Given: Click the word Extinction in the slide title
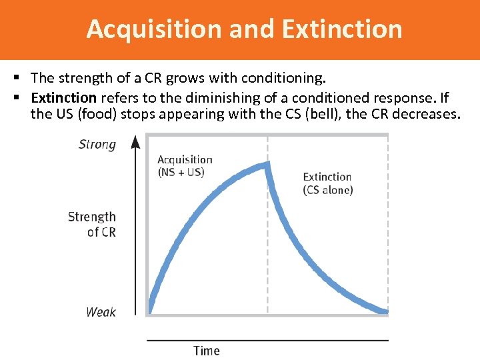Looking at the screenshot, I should click(x=342, y=29).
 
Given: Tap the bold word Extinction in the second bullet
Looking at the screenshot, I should click(x=64, y=98).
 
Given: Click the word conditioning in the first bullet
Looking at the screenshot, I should click(x=288, y=79).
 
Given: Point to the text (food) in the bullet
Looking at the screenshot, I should click(x=99, y=114).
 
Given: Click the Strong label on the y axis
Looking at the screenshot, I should click(x=97, y=144).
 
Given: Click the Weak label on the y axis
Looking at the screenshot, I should click(x=101, y=312).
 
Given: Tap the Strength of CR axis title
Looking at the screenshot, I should click(x=92, y=224).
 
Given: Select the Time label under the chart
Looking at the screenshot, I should click(x=207, y=351).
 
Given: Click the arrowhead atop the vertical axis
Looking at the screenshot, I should click(x=136, y=141).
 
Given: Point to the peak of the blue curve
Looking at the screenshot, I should click(x=267, y=164).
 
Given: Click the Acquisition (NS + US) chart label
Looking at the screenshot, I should click(x=185, y=165).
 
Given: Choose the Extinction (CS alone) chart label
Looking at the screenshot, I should click(x=327, y=183).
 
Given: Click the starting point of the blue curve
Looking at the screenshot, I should click(x=150, y=311).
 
